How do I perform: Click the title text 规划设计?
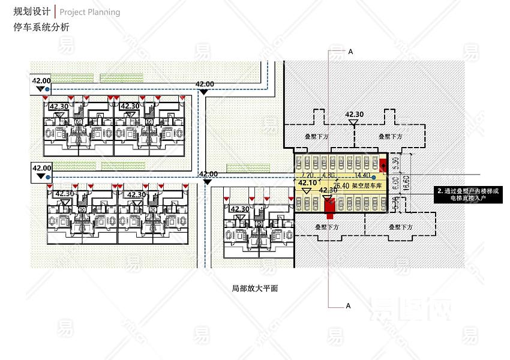(x=32, y=11)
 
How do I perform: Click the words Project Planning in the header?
(x=90, y=12)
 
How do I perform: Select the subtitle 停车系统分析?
(x=41, y=27)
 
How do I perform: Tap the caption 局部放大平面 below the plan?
(x=255, y=288)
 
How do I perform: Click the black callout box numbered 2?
(x=467, y=194)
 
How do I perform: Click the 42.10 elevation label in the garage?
(x=307, y=182)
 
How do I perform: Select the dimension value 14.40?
(x=363, y=176)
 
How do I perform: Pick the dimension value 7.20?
(x=309, y=176)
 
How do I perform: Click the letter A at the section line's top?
(x=350, y=52)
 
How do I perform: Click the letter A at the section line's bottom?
(x=349, y=306)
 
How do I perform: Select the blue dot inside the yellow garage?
(x=373, y=176)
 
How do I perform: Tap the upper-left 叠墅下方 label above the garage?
(x=317, y=137)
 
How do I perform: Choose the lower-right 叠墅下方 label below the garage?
(x=400, y=227)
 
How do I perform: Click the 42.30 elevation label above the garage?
(x=354, y=115)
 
